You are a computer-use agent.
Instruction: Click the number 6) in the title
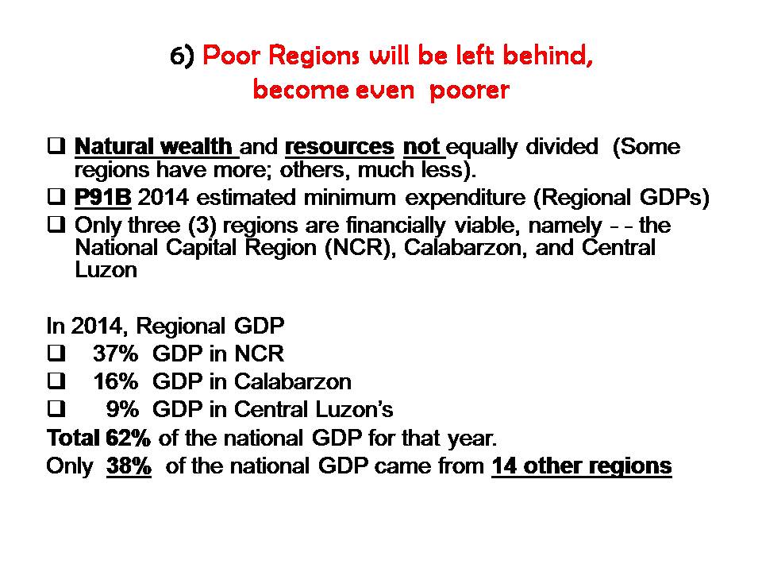(183, 56)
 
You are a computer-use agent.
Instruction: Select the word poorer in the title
(469, 91)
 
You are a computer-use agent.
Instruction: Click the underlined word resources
(339, 146)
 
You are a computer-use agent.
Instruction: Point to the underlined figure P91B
(103, 198)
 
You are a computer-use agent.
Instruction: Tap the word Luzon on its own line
(106, 270)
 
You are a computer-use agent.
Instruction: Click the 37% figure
(115, 354)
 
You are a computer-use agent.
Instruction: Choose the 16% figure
(115, 382)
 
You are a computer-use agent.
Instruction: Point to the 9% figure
(122, 410)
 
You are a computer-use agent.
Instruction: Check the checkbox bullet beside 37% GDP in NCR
(56, 353)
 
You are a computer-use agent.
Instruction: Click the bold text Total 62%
(98, 439)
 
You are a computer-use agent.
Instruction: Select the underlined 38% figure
(129, 466)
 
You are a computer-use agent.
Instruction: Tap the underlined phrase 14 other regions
(582, 466)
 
